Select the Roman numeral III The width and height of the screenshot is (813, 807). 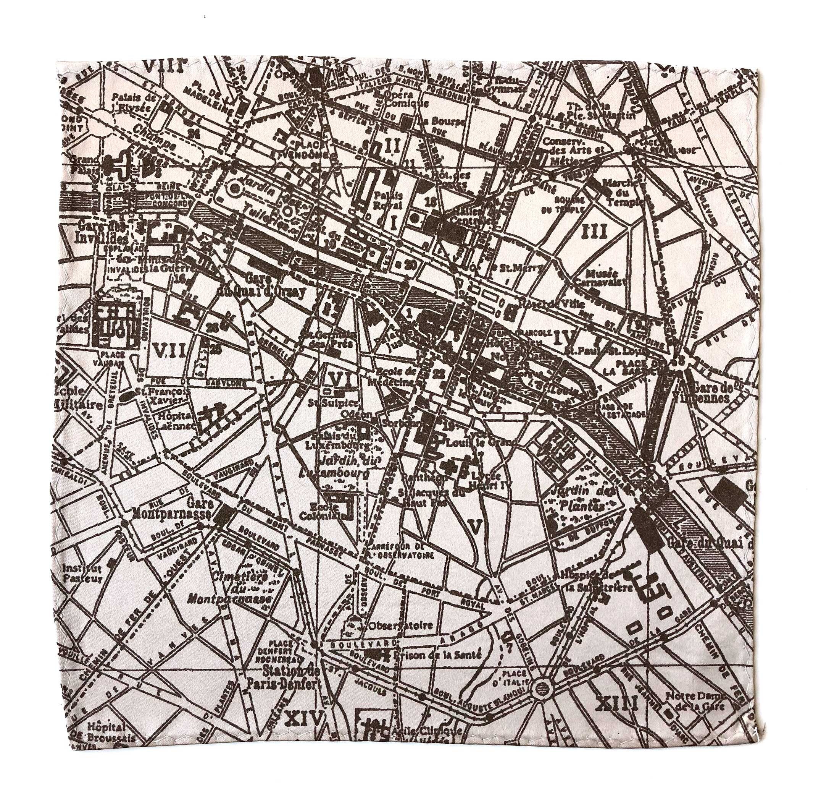(595, 231)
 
